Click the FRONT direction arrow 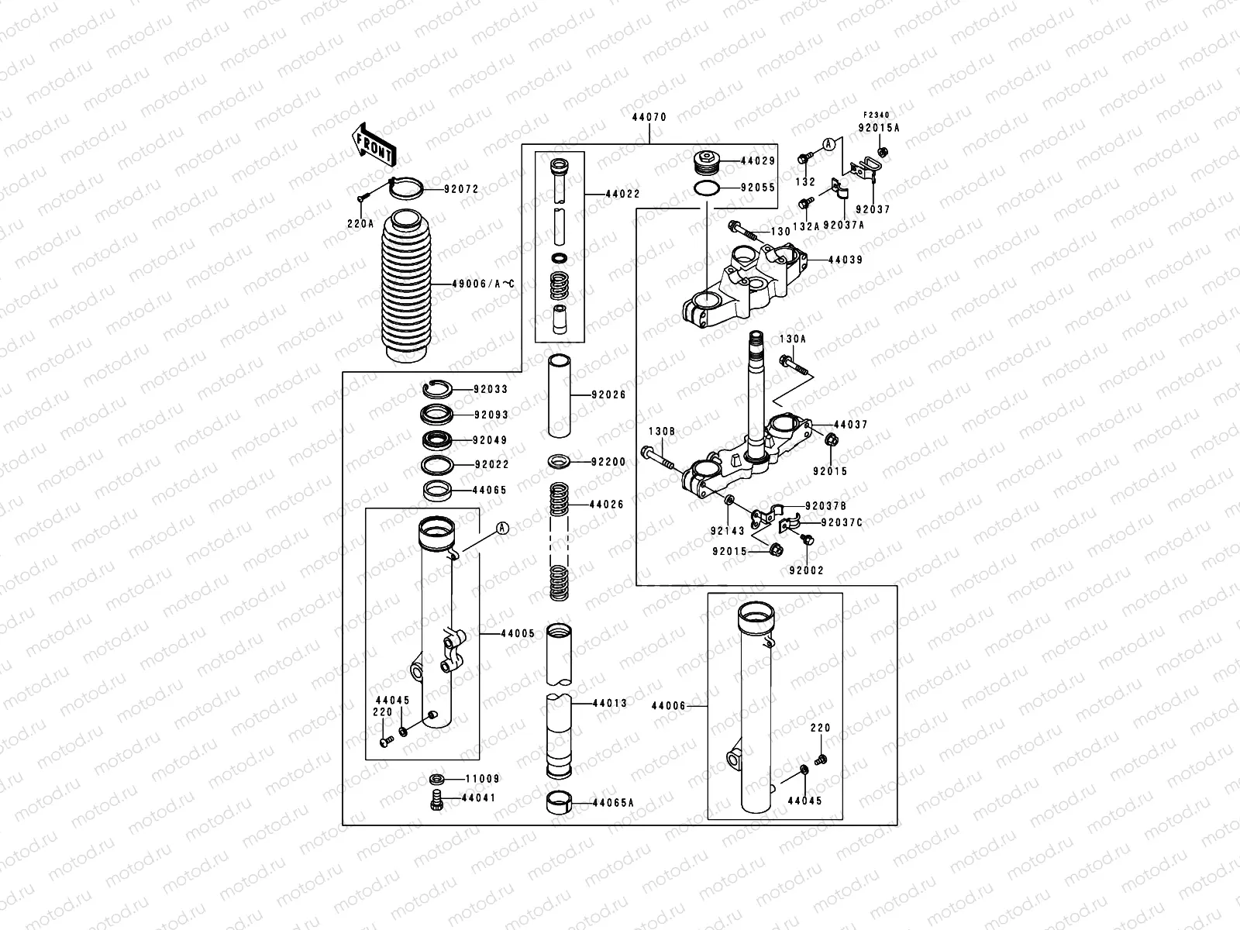tap(374, 145)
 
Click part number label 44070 tap(649, 117)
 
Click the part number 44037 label tap(850, 425)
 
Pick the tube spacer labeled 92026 tap(561, 396)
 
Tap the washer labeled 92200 tap(560, 462)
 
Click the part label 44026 tap(607, 505)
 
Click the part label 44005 tap(518, 634)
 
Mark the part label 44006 tap(670, 705)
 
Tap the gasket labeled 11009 tap(436, 778)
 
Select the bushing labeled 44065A tap(561, 803)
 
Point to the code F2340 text tap(877, 115)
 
